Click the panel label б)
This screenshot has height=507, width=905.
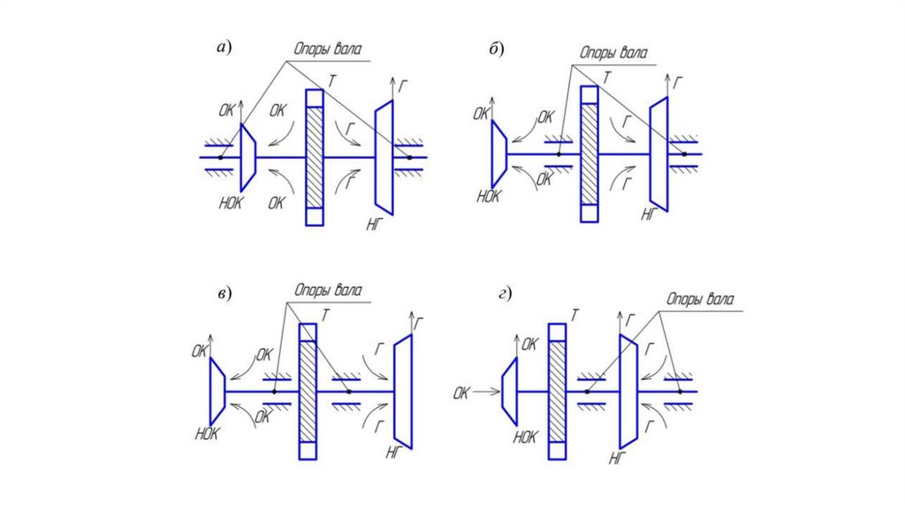click(496, 49)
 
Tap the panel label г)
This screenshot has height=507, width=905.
click(506, 293)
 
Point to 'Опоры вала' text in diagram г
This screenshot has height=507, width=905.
click(701, 300)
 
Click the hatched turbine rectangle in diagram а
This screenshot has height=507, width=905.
click(314, 157)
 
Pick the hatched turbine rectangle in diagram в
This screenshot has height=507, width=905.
click(308, 390)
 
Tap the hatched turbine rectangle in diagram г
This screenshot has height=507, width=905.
click(558, 390)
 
